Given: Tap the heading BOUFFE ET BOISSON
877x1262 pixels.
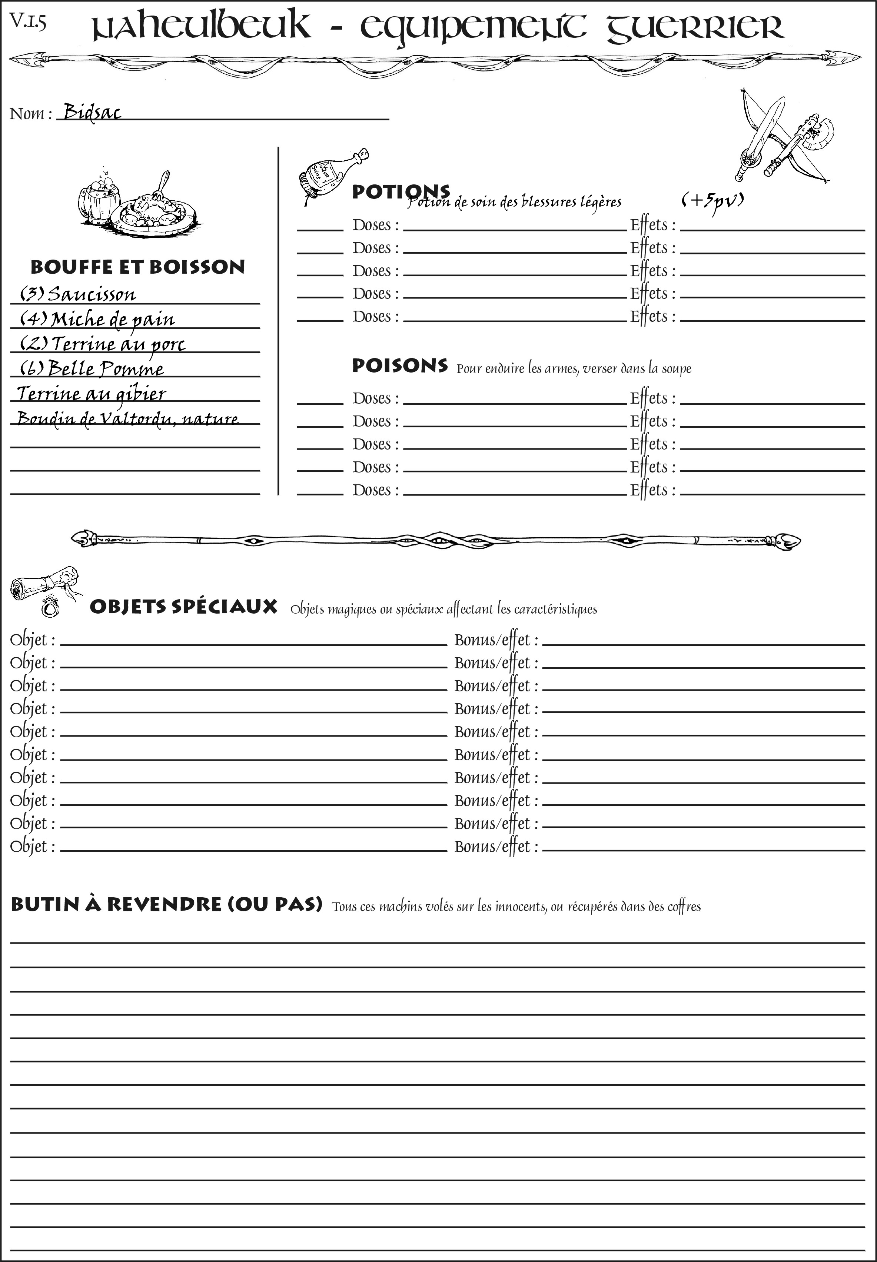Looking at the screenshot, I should (x=137, y=267).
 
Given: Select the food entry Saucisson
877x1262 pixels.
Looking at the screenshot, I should (x=91, y=294).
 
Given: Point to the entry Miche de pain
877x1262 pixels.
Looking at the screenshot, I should (x=113, y=319).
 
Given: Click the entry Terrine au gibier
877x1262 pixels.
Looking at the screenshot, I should (x=91, y=393).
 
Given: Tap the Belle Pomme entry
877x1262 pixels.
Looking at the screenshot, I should (x=106, y=368).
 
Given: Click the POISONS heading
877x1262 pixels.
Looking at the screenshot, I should (x=399, y=366).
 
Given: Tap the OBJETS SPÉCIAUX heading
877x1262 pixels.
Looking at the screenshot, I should (x=183, y=607).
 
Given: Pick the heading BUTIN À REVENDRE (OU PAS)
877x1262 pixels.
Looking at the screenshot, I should (x=166, y=904).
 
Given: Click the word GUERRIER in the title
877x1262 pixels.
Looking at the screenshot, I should (x=695, y=27).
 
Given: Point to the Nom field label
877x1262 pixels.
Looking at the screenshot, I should (x=30, y=114).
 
